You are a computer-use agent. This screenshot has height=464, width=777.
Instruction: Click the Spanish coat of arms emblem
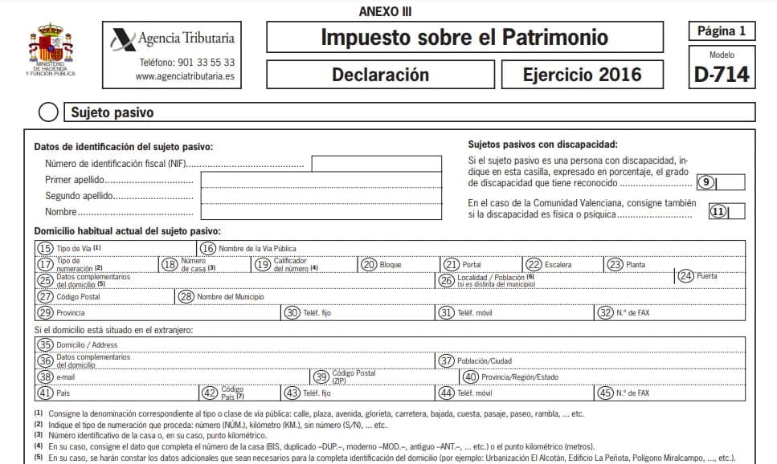click(50, 45)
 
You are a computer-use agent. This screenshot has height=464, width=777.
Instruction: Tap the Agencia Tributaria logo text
click(186, 38)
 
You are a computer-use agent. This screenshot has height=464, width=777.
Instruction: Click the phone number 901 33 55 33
click(186, 62)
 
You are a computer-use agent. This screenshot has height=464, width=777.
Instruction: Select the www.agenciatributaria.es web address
click(185, 77)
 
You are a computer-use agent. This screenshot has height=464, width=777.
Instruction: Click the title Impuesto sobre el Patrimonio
click(464, 37)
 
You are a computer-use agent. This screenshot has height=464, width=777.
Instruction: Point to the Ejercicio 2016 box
click(582, 75)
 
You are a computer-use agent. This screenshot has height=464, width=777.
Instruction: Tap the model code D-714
click(721, 74)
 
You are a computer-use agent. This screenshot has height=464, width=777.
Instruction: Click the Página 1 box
click(721, 32)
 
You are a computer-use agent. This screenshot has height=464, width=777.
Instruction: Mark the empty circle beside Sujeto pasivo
click(49, 112)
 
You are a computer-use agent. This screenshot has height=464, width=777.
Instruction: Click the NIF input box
click(376, 164)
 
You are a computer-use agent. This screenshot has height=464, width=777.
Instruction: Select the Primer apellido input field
click(321, 180)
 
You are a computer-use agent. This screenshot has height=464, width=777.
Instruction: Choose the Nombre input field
click(321, 212)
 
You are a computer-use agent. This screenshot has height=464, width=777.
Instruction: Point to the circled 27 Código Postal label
click(68, 297)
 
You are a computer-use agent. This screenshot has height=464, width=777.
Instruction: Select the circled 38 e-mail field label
click(55, 377)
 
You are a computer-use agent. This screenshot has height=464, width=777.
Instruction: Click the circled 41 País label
click(54, 393)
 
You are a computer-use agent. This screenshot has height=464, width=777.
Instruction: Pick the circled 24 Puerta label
click(697, 275)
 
